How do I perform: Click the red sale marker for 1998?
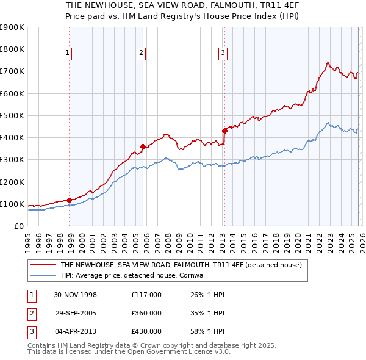point(70,200)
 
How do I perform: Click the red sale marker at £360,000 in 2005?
point(143,146)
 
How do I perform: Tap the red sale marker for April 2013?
point(224,130)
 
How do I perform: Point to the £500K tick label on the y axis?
point(12,115)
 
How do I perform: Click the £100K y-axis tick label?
point(12,204)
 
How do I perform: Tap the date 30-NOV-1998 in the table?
point(76,295)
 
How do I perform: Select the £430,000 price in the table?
point(146,331)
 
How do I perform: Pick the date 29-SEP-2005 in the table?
point(76,313)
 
